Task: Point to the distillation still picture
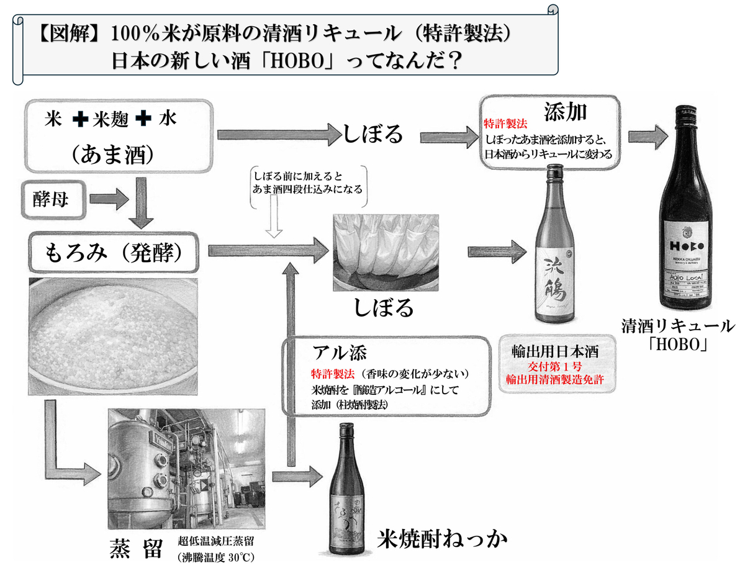click(186, 462)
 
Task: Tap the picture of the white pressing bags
click(386, 251)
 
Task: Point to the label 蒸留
click(137, 548)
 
